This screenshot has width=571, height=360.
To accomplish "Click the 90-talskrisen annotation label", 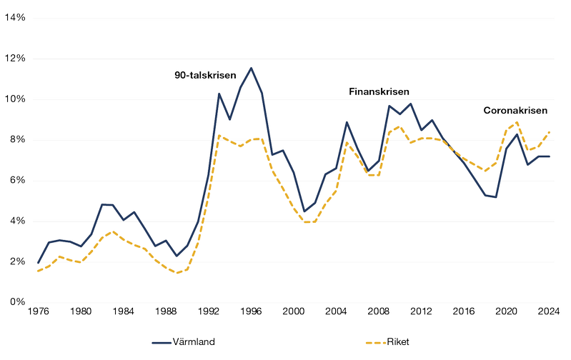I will pyautogui.click(x=206, y=74).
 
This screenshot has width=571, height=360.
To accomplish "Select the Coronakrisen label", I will pyautogui.click(x=515, y=111).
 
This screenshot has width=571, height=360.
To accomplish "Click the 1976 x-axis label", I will pyautogui.click(x=38, y=311).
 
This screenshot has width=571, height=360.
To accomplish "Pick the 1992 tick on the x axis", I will pyautogui.click(x=209, y=311).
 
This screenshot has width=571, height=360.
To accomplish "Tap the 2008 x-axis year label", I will pyautogui.click(x=379, y=311).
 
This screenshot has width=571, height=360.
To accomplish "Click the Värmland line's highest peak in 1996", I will pyautogui.click(x=251, y=68).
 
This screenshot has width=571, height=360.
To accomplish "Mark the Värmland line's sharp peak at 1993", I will pyautogui.click(x=219, y=94).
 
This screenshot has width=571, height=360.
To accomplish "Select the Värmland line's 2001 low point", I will pyautogui.click(x=304, y=211).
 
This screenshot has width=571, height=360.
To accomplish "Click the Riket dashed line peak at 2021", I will pyautogui.click(x=517, y=122).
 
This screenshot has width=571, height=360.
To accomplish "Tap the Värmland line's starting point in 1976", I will pyautogui.click(x=38, y=263).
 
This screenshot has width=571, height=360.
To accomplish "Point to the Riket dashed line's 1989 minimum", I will pyautogui.click(x=177, y=273).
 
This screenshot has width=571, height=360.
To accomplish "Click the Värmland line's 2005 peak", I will pyautogui.click(x=347, y=122).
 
